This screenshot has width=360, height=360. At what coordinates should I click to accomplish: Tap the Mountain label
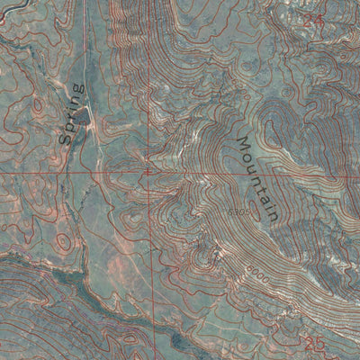click(255, 179)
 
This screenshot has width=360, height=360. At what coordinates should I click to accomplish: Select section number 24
click(312, 18)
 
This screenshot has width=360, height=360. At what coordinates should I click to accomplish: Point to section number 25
click(313, 343)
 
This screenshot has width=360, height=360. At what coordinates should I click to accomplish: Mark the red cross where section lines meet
click(148, 170)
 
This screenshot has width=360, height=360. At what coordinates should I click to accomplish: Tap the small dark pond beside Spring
click(82, 117)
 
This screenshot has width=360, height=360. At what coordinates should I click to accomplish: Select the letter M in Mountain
click(243, 144)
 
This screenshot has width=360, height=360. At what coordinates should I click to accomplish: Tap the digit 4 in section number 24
click(318, 18)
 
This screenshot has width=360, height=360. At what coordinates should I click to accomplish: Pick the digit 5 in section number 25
click(319, 343)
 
